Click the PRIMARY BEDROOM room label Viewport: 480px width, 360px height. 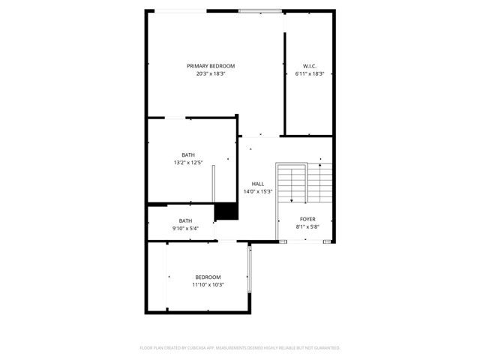click(211, 66)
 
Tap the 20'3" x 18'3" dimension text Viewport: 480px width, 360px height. click(211, 73)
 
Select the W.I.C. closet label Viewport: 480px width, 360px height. click(309, 66)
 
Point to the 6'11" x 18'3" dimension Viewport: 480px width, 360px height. click(309, 73)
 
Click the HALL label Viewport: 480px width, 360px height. click(257, 184)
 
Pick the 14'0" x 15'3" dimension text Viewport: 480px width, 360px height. click(257, 191)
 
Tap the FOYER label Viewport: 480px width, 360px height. click(307, 219)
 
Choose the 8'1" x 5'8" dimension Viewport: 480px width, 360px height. click(307, 226)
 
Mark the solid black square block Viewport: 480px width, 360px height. click(226, 211)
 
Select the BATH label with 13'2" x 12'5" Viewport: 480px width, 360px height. click(187, 155)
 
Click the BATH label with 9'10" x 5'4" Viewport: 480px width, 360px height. click(185, 220)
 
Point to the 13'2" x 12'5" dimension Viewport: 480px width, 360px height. click(187, 163)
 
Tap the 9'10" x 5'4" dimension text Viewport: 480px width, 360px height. click(185, 228)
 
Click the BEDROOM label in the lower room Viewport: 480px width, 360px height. click(208, 277)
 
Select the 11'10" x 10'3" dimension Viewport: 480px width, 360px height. click(208, 284)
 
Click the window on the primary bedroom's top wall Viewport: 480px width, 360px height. click(260, 10)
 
